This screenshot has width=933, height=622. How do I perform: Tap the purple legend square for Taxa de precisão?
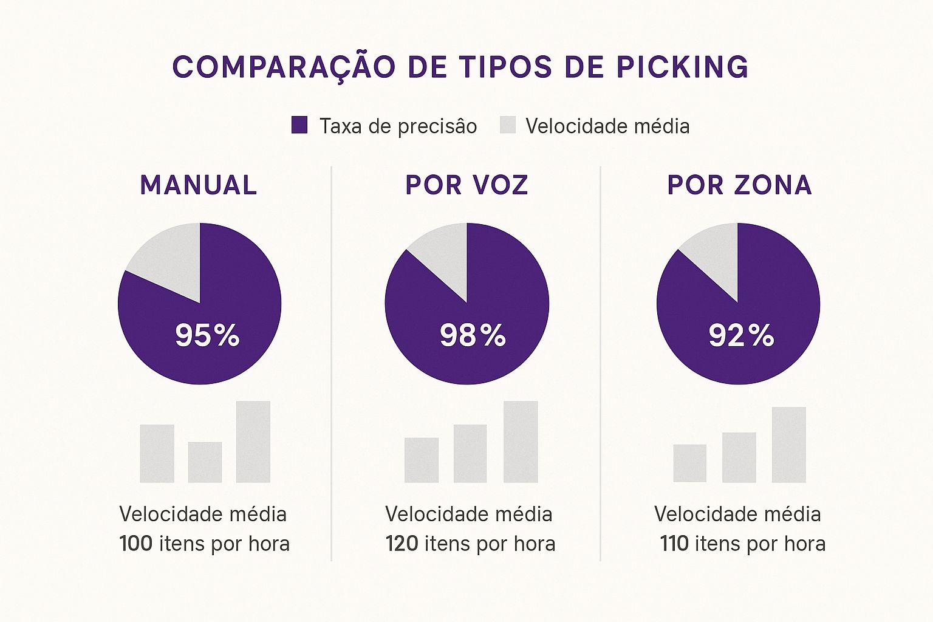pos(299,125)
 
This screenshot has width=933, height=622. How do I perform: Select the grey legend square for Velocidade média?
pos(507,125)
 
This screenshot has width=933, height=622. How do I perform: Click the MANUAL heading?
pos(199,185)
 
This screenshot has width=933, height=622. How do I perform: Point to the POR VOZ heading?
pos(466,185)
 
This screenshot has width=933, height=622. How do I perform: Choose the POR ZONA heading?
pos(739,185)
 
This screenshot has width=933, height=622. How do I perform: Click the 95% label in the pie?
pos(207,335)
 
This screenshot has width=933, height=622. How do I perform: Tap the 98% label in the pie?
pos(473,335)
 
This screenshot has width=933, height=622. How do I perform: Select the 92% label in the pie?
pos(741,335)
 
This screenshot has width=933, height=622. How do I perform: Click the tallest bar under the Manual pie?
pos(253,442)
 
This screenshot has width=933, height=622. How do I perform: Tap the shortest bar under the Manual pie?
pos(205,462)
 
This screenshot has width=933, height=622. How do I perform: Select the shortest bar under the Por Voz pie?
pos(421,460)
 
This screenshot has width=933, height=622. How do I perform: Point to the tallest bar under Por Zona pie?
pos(788,445)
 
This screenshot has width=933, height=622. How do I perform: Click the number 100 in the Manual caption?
pos(135,544)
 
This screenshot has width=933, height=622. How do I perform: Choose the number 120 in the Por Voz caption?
pos(402,544)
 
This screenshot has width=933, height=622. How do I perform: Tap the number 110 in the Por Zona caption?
pos(674,544)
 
